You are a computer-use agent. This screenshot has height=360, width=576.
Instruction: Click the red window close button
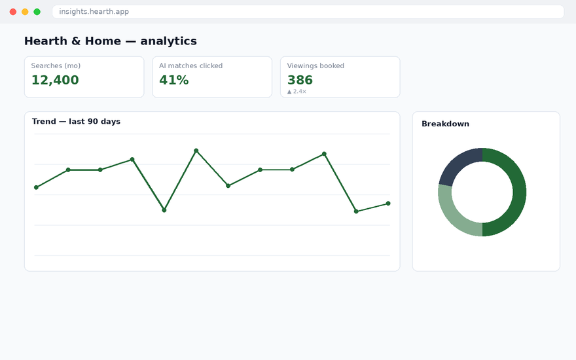click(13, 12)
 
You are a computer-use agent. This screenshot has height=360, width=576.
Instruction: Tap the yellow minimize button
click(25, 12)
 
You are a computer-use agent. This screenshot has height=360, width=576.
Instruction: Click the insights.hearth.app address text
click(94, 12)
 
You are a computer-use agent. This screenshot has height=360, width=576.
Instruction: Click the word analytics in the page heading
click(169, 41)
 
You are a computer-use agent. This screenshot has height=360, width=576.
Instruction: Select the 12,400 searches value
click(55, 80)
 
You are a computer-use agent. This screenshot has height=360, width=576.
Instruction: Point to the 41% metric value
click(173, 80)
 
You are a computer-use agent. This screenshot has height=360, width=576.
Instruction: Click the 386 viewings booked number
click(300, 80)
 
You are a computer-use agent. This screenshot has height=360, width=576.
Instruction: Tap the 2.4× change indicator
click(297, 92)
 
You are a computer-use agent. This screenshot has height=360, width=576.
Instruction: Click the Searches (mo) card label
click(56, 65)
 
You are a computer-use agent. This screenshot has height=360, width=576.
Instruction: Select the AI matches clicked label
click(190, 65)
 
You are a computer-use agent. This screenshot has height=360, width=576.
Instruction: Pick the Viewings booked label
click(315, 65)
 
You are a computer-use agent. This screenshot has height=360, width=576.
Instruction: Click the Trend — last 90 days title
click(76, 122)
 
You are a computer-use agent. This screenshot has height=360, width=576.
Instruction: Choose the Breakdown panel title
click(445, 124)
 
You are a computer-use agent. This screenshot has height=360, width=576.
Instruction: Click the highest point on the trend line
click(196, 151)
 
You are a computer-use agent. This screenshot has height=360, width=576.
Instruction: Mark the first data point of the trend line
click(37, 187)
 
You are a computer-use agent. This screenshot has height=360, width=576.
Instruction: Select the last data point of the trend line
click(388, 204)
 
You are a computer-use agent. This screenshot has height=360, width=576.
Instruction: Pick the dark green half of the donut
click(520, 192)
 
